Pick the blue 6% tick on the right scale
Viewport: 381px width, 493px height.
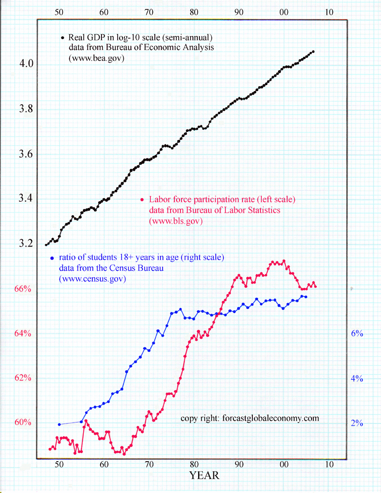[357, 334]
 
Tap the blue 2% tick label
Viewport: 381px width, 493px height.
[357, 423]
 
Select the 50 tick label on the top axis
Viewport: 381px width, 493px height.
[59, 11]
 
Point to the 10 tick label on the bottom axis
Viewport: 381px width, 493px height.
[329, 464]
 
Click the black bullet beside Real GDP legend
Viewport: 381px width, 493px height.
[62, 38]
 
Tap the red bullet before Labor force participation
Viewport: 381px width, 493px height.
[142, 200]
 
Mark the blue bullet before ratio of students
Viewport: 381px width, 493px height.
[51, 258]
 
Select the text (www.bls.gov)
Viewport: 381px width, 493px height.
[176, 221]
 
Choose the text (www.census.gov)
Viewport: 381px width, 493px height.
[92, 280]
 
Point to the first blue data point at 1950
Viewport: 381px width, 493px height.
[59, 424]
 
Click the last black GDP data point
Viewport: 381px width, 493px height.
[313, 51]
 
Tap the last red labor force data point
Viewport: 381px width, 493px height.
[316, 286]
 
